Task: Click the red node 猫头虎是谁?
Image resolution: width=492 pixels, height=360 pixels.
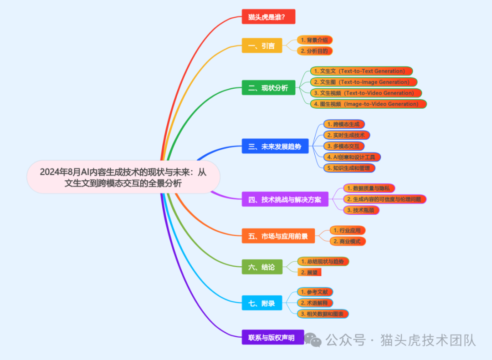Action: tap(268, 17)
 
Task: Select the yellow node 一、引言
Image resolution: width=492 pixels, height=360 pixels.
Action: tap(261, 46)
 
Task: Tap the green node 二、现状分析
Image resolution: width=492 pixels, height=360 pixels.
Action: tap(268, 88)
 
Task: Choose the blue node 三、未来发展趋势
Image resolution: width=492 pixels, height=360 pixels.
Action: tap(275, 147)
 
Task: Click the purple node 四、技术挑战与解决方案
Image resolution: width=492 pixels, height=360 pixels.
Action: tap(285, 199)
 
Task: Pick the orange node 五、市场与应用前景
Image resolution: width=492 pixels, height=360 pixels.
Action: tap(278, 236)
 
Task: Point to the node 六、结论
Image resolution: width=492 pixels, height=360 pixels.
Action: tap(261, 267)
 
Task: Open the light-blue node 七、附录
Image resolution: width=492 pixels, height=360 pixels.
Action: tap(261, 303)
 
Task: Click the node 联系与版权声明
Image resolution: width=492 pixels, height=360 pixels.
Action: tap(272, 337)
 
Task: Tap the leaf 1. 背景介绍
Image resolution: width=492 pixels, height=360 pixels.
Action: tap(314, 40)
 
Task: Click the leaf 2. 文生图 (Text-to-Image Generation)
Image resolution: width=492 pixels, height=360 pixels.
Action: tap(364, 82)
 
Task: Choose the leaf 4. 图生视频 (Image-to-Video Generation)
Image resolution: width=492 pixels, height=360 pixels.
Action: tap(368, 104)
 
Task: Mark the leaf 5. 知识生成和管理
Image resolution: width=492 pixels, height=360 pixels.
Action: tap(349, 168)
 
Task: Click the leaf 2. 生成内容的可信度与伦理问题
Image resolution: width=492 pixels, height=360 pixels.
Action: tap(384, 199)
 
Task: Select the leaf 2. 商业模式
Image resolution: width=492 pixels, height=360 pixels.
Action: tap(348, 241)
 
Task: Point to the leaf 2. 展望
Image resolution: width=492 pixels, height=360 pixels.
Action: tap(309, 272)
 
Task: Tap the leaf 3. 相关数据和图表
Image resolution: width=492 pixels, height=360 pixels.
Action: tap(323, 314)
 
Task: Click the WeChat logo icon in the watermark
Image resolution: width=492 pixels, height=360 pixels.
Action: tap(313, 340)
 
